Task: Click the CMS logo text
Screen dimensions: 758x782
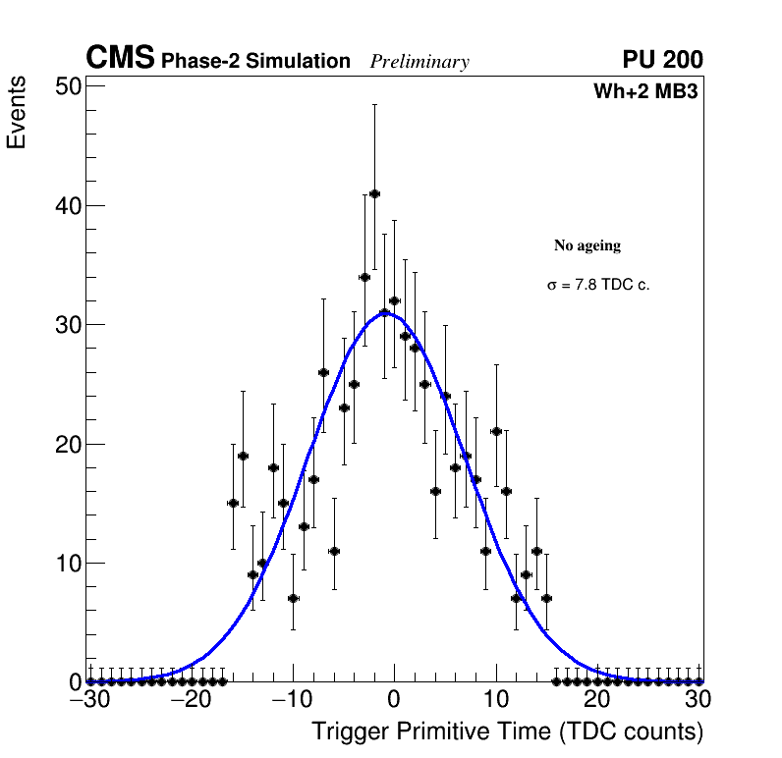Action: click(x=120, y=59)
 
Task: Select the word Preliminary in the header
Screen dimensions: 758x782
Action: click(x=419, y=62)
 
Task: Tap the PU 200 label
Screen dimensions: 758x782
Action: click(x=662, y=60)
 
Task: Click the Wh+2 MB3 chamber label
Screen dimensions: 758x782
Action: click(x=645, y=92)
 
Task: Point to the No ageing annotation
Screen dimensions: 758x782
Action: click(x=587, y=245)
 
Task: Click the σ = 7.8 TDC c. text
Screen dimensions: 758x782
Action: click(x=598, y=285)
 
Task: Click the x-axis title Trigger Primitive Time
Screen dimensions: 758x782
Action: click(x=508, y=731)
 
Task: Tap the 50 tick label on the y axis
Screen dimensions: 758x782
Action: click(x=67, y=86)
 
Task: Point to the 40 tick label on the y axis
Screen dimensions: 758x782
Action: click(x=67, y=206)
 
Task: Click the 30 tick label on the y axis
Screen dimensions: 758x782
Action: click(x=67, y=325)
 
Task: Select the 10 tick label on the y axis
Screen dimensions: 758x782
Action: click(x=67, y=563)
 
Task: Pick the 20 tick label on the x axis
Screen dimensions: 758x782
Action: click(x=596, y=699)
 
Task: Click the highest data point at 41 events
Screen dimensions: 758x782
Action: click(x=374, y=193)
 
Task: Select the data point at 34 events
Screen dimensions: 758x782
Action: click(x=364, y=277)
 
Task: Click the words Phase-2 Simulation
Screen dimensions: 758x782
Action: click(x=255, y=62)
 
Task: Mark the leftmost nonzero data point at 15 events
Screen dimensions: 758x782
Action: click(x=233, y=503)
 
